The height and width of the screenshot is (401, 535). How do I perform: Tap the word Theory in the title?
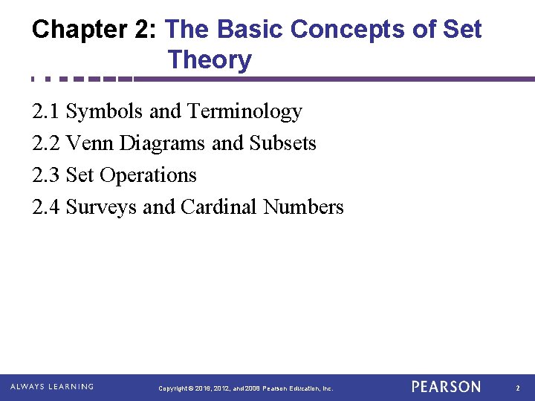point(210,60)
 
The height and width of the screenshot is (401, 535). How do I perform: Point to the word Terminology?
point(244,111)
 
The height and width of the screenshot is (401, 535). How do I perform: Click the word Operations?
point(148,175)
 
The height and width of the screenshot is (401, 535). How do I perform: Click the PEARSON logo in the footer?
point(446,387)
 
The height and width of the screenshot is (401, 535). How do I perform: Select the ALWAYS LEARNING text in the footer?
point(52,387)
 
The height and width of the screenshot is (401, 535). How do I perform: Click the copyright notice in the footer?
point(246,388)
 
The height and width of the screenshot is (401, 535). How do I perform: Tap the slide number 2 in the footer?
point(518,388)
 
